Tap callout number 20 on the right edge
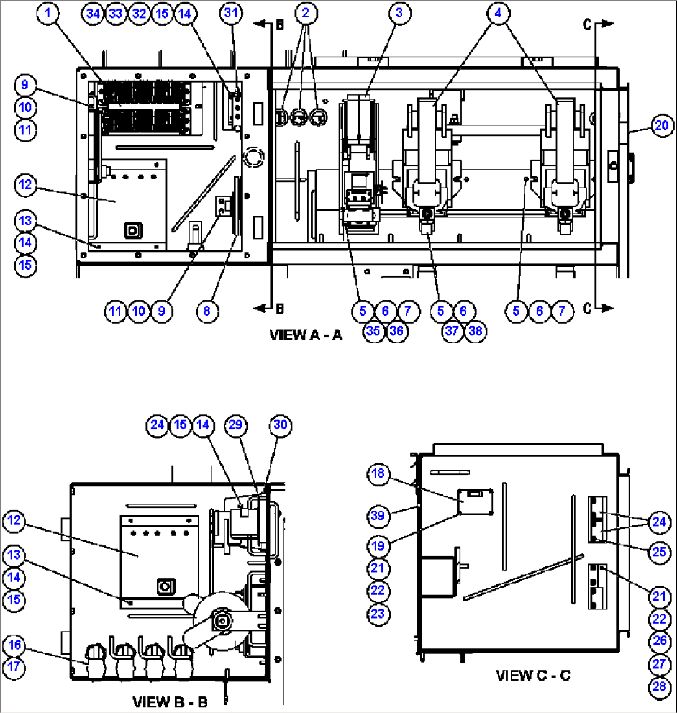click(x=662, y=126)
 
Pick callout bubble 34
click(x=93, y=13)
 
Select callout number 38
click(x=476, y=331)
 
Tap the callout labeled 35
click(x=373, y=331)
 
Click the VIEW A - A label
click(x=306, y=335)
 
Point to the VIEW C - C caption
click(x=532, y=674)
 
